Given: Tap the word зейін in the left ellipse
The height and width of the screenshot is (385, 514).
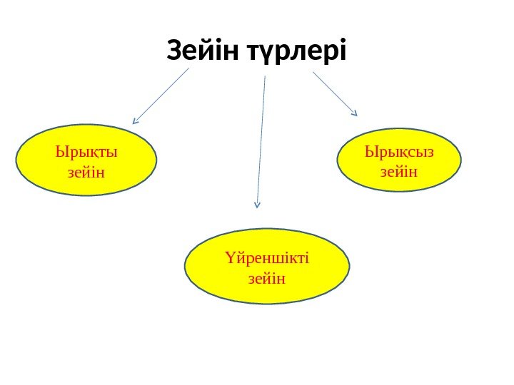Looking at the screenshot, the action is click(86, 171).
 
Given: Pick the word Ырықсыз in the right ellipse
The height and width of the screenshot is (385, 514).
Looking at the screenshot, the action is click(399, 152).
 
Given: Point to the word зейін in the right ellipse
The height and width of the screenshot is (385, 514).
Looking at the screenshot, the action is click(399, 171).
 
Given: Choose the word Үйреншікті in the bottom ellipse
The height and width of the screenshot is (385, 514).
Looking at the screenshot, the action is click(266, 257).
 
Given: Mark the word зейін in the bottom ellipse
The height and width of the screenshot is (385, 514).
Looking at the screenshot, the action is click(266, 277).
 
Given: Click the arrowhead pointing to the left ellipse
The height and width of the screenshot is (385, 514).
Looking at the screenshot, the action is click(136, 121).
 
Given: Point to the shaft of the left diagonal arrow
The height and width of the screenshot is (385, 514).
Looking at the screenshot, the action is click(163, 94).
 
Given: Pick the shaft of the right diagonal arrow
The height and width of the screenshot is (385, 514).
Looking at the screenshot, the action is click(333, 91).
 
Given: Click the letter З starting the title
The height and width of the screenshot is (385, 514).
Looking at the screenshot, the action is click(174, 51).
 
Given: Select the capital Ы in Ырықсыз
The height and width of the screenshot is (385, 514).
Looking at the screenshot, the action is click(371, 152).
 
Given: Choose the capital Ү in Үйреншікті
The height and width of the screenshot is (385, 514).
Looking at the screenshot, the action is click(228, 257).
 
